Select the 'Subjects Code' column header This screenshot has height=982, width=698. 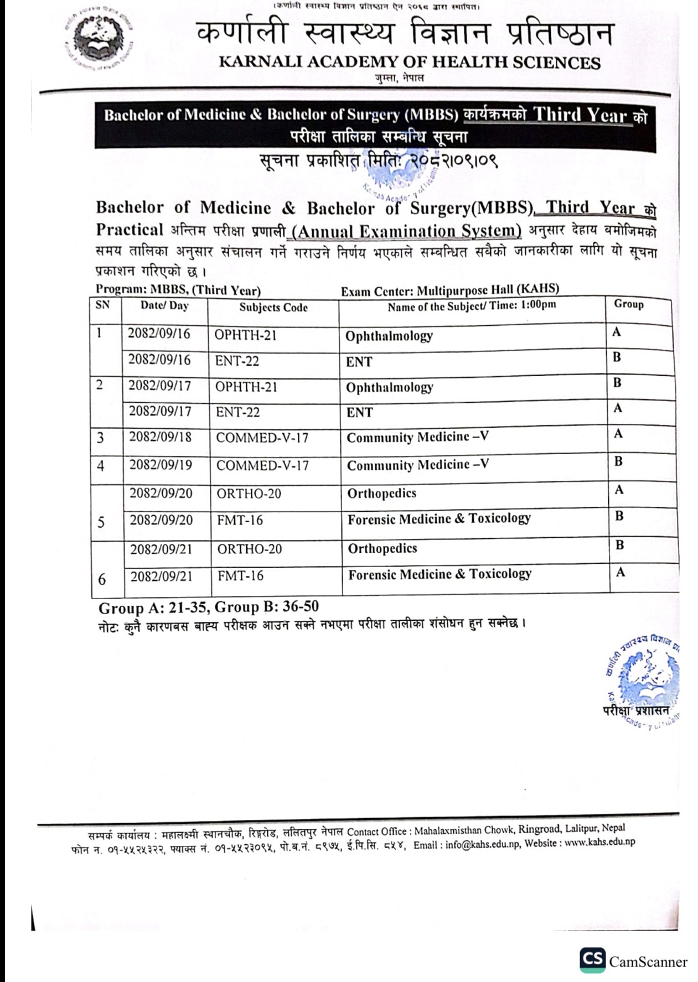273,308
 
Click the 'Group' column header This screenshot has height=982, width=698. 628,304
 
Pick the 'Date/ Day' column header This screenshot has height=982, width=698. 164,305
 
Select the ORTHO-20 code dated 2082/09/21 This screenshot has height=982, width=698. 249,549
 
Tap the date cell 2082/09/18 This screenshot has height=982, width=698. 161,437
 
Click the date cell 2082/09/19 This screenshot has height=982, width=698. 161,465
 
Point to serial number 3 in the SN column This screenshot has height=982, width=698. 100,438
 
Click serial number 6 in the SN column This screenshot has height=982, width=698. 102,579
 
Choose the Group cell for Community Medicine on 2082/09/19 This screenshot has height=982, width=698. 618,461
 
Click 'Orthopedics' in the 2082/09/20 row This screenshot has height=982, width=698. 381,493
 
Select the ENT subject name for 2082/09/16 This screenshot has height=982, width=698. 359,362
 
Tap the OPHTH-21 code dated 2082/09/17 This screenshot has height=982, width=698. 246,387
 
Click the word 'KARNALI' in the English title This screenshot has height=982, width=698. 260,62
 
